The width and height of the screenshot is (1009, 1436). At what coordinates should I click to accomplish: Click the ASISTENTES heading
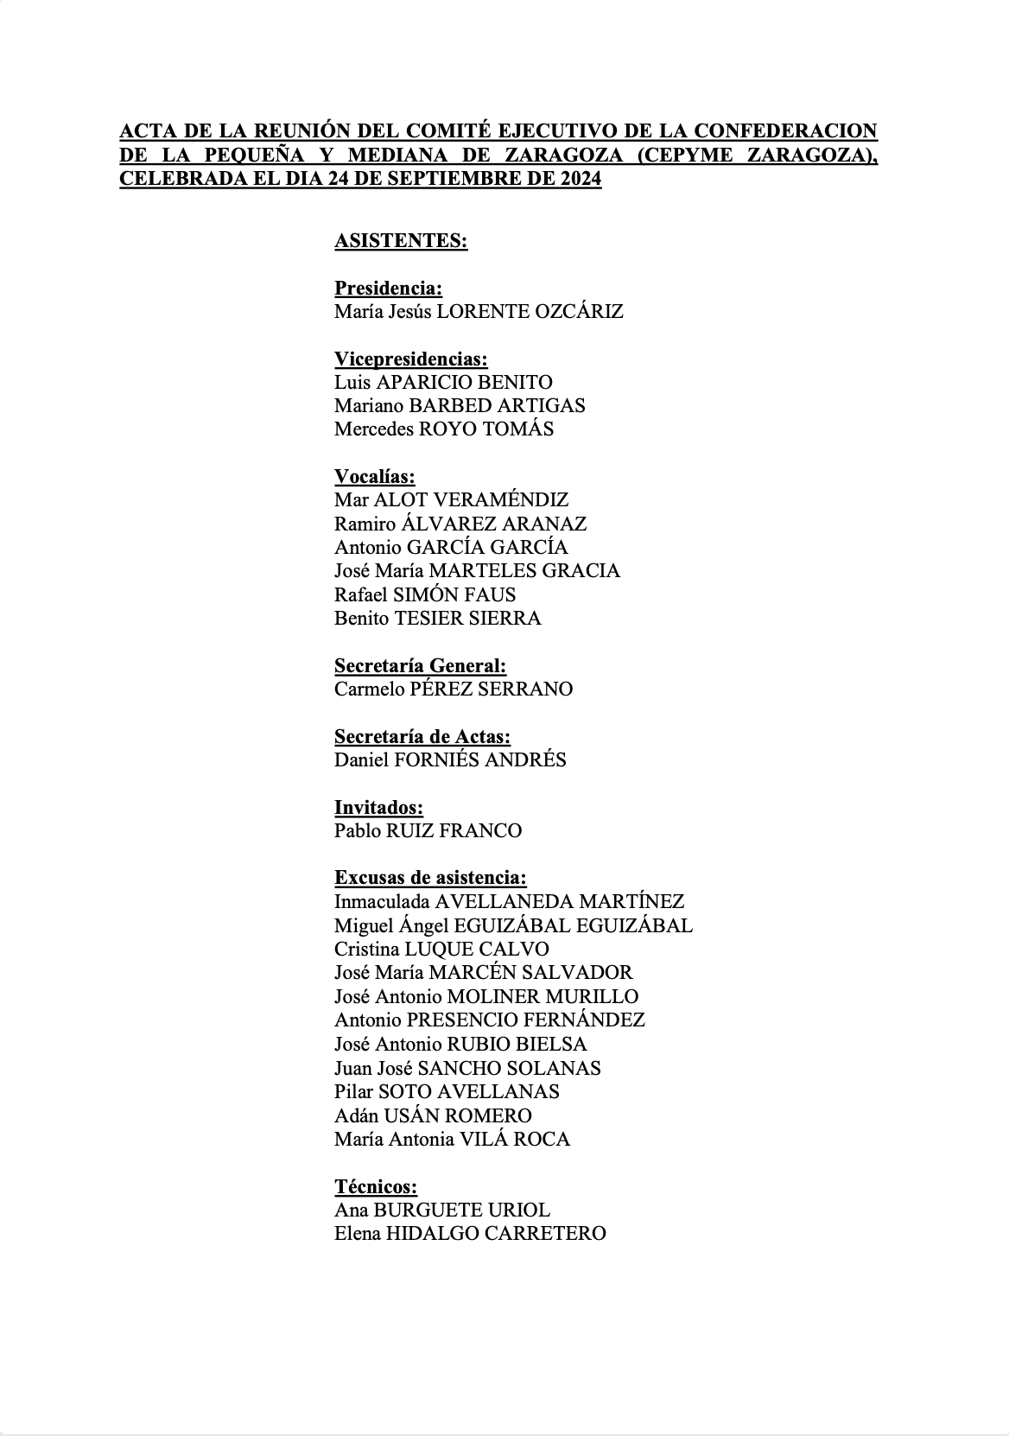point(401,241)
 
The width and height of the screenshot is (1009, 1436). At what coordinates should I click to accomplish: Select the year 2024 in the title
point(577,180)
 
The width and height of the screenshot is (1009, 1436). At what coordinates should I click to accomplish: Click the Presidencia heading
point(388,289)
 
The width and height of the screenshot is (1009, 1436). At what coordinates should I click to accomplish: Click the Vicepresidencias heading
point(410,359)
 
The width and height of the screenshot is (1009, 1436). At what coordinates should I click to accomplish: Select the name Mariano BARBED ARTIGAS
point(460,406)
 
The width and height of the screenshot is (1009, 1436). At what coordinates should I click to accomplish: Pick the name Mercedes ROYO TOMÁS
point(444,429)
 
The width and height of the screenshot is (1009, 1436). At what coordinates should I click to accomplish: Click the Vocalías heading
point(374,477)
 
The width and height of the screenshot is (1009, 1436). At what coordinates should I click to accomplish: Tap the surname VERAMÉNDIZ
point(500,500)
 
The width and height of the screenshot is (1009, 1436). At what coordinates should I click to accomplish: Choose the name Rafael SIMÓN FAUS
point(425,594)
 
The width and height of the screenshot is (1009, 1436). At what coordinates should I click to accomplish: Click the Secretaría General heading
point(420,665)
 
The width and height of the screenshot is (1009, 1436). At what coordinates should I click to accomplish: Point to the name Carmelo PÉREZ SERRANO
point(454,689)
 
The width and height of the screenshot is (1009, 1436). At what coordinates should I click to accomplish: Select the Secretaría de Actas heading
point(422,737)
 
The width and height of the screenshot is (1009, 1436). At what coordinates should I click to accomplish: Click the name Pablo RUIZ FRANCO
point(428,831)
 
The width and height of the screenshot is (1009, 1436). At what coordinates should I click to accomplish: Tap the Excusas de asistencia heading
point(430,878)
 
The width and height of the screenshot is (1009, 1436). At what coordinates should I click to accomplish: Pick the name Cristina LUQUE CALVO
point(441,949)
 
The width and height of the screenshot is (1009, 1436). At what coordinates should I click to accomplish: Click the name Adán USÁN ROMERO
point(433,1115)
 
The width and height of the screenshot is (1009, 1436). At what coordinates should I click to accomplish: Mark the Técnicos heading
point(376,1186)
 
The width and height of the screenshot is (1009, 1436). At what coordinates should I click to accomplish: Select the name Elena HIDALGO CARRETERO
point(470,1234)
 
